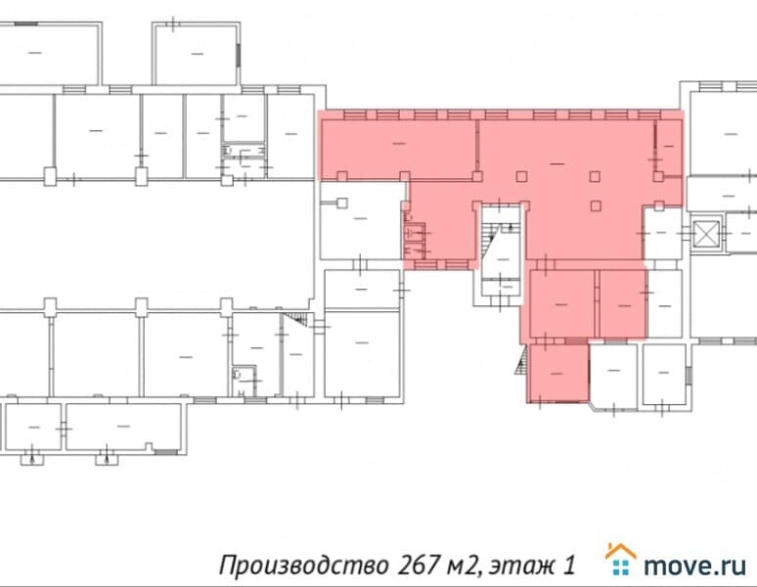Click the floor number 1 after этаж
(567, 565)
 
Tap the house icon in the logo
(620, 559)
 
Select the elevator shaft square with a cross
(705, 234)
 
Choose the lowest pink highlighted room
(558, 373)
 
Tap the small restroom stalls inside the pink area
(416, 241)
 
